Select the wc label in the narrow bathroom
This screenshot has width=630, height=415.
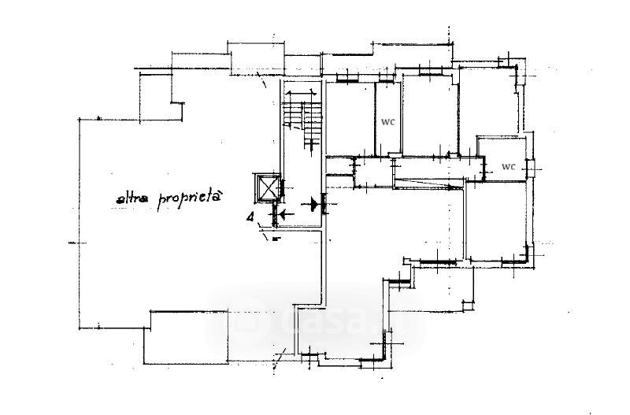[x=387, y=122]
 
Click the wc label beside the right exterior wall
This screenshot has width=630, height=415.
[x=508, y=167]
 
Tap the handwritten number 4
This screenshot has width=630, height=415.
[x=250, y=218]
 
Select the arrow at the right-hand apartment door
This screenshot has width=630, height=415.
[x=317, y=204]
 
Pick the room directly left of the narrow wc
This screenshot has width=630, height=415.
[x=350, y=118]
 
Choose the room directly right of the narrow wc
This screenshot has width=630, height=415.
[x=429, y=114]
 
